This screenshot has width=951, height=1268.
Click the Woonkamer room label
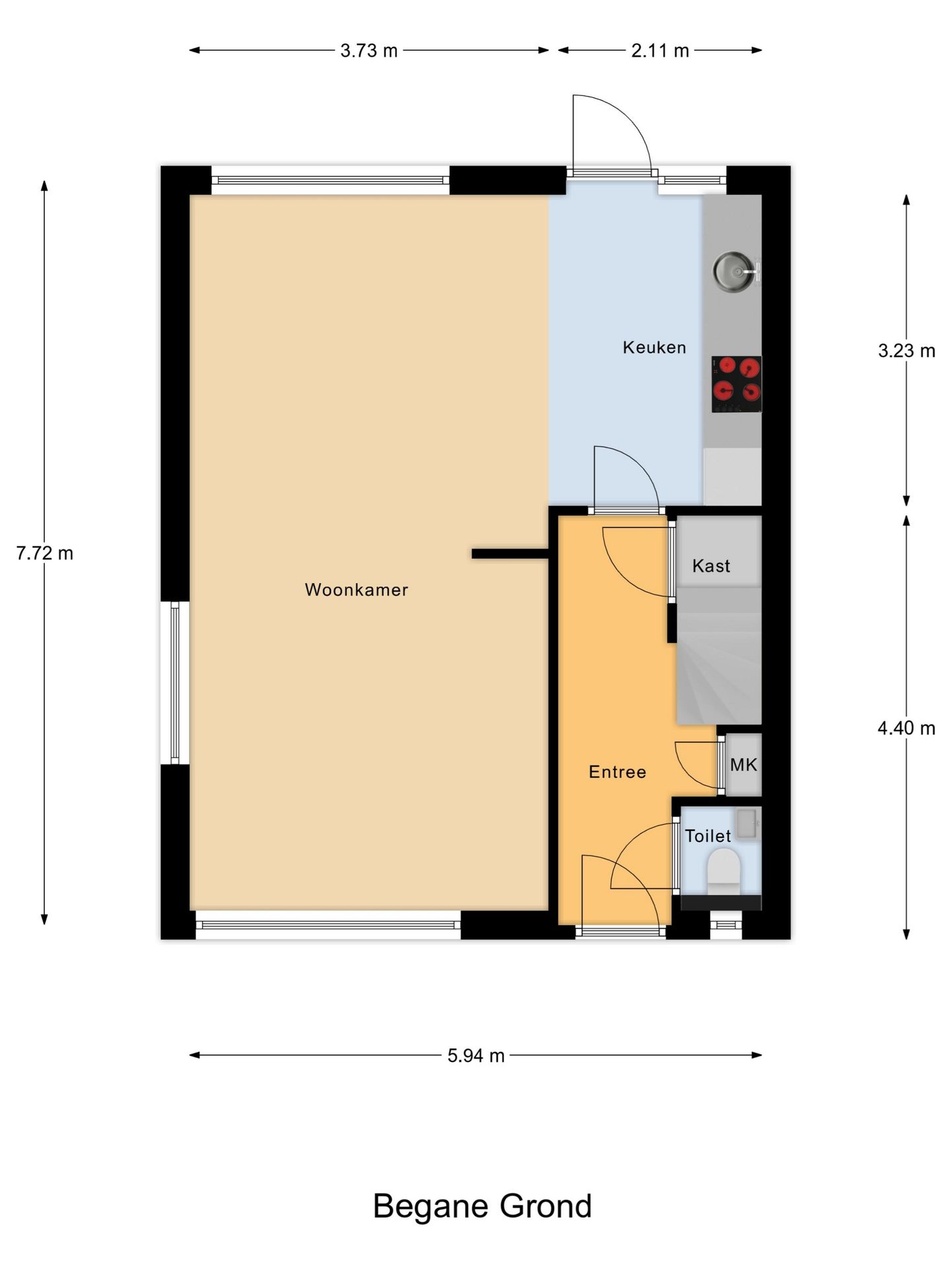(x=356, y=590)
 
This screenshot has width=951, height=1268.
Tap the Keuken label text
(x=654, y=347)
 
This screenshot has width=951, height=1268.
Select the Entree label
(x=617, y=772)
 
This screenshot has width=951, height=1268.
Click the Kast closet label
(x=711, y=566)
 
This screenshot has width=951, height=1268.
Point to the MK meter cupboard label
(x=743, y=765)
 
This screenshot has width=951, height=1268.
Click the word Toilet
(x=707, y=836)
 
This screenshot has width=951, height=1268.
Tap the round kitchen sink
(x=732, y=271)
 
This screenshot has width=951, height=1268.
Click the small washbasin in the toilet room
(x=747, y=824)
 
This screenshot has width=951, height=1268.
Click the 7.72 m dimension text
(x=44, y=553)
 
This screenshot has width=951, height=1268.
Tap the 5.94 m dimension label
(x=475, y=1056)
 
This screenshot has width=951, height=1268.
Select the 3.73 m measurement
(x=369, y=51)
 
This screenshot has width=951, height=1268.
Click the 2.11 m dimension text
(x=660, y=51)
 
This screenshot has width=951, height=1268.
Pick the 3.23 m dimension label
(x=906, y=351)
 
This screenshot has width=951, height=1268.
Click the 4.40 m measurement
(x=906, y=728)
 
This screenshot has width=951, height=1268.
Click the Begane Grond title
(x=482, y=1207)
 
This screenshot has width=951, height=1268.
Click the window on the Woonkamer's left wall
(x=175, y=683)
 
